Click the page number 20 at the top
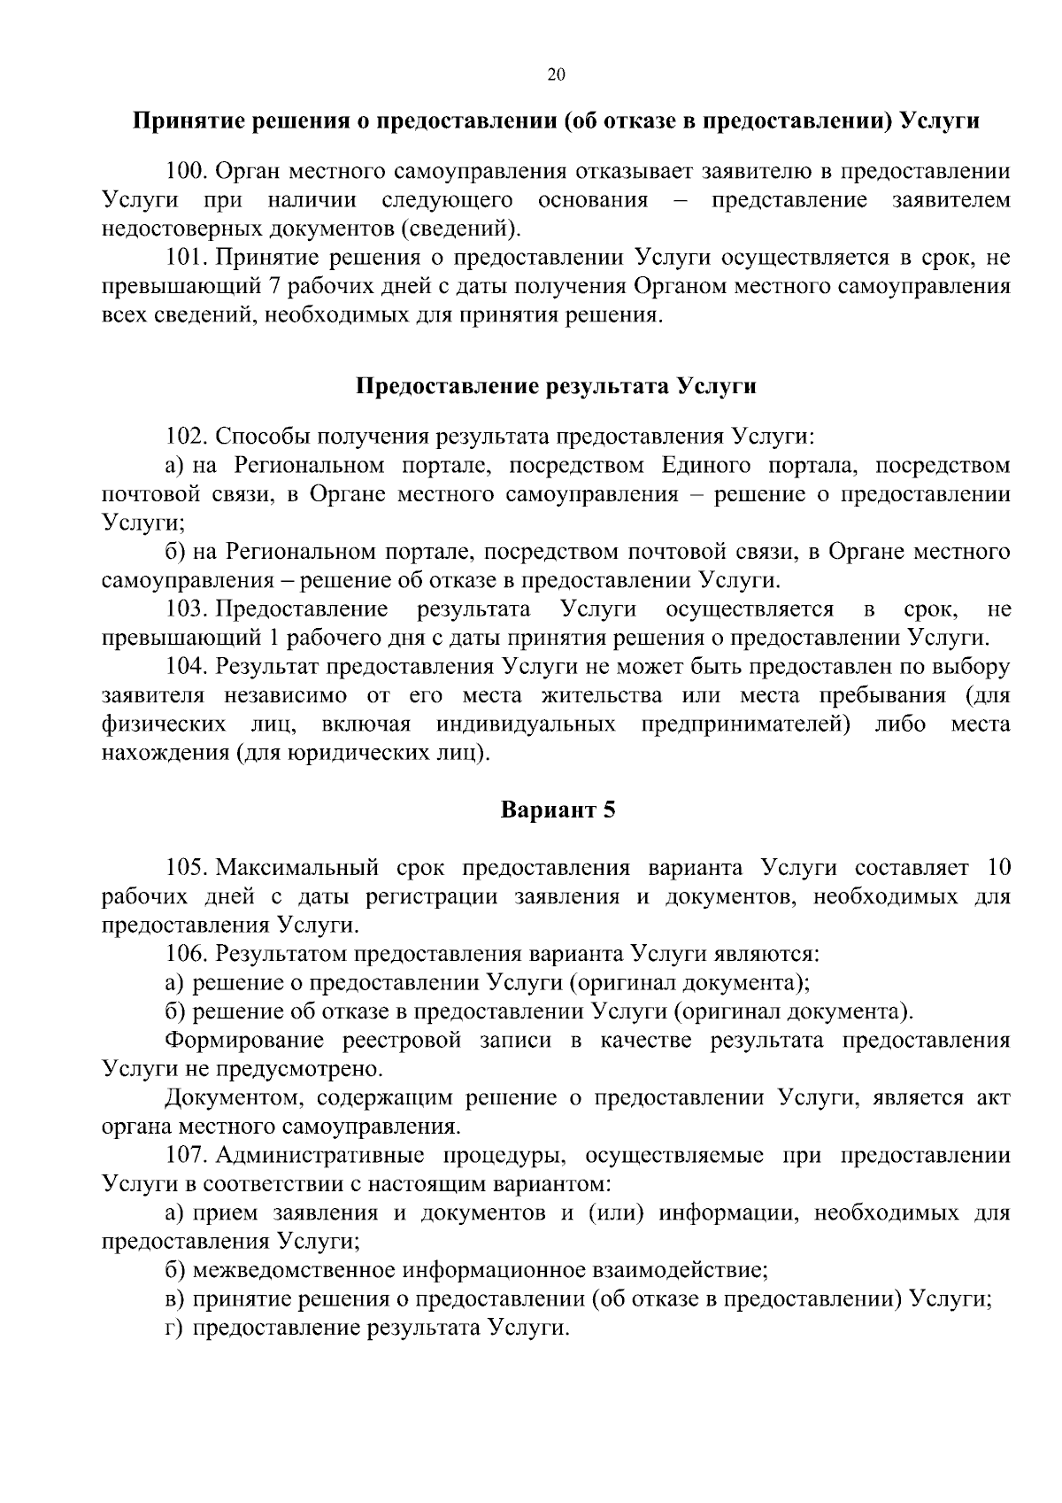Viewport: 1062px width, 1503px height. [557, 74]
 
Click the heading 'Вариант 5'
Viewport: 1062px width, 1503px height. [558, 810]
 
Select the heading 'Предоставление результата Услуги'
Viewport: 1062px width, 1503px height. [557, 386]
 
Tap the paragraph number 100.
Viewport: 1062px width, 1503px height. [186, 171]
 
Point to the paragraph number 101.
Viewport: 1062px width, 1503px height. [186, 258]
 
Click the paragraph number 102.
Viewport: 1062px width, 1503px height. [186, 437]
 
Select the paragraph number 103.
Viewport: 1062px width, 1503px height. [186, 609]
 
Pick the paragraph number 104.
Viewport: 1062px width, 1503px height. [186, 667]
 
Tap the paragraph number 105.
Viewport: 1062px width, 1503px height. [186, 867]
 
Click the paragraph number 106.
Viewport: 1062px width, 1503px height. [186, 954]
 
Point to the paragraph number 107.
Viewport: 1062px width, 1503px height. [186, 1156]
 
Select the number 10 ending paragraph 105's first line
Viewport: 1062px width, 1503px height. [998, 867]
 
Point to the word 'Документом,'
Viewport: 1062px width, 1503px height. [234, 1098]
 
